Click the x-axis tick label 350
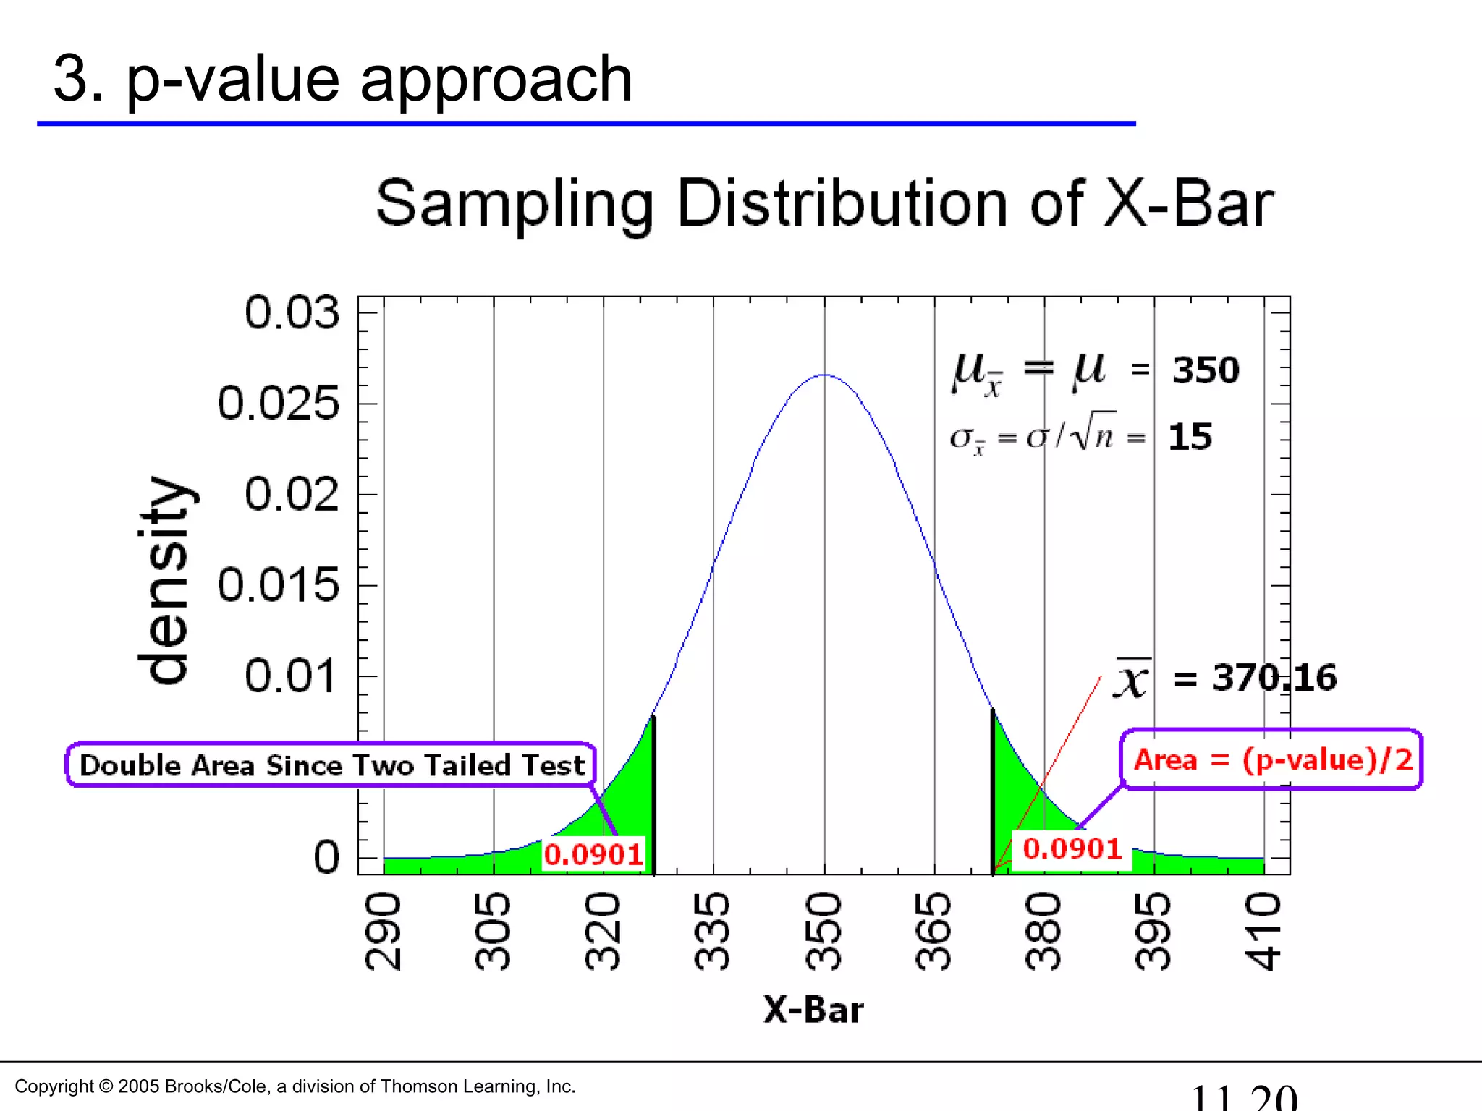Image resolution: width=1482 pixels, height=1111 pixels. click(823, 932)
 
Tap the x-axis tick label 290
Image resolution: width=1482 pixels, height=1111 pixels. click(383, 932)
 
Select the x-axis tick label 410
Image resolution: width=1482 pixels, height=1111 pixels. click(1263, 932)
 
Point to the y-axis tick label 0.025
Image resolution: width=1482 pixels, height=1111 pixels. click(279, 403)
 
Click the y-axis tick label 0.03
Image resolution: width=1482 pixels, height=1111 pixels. click(292, 312)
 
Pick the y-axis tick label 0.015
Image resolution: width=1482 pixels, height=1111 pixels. click(279, 584)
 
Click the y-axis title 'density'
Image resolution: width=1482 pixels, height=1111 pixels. click(165, 580)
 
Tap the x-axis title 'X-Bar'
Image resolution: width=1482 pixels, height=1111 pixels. click(813, 1009)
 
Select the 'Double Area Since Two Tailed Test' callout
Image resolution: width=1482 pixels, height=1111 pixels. click(331, 765)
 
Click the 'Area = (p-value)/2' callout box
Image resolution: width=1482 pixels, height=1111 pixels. click(1272, 759)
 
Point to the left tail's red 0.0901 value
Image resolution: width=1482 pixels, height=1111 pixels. click(593, 854)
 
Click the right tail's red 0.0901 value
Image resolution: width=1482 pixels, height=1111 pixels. click(1072, 848)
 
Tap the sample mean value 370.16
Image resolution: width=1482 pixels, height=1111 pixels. click(1274, 678)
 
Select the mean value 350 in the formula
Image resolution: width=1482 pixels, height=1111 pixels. click(1206, 370)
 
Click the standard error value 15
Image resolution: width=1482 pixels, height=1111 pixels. click(1190, 437)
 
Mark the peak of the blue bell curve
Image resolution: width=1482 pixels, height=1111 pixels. click(824, 375)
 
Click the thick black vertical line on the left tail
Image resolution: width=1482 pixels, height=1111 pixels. click(653, 796)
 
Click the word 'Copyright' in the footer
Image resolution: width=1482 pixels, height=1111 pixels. click(54, 1086)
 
